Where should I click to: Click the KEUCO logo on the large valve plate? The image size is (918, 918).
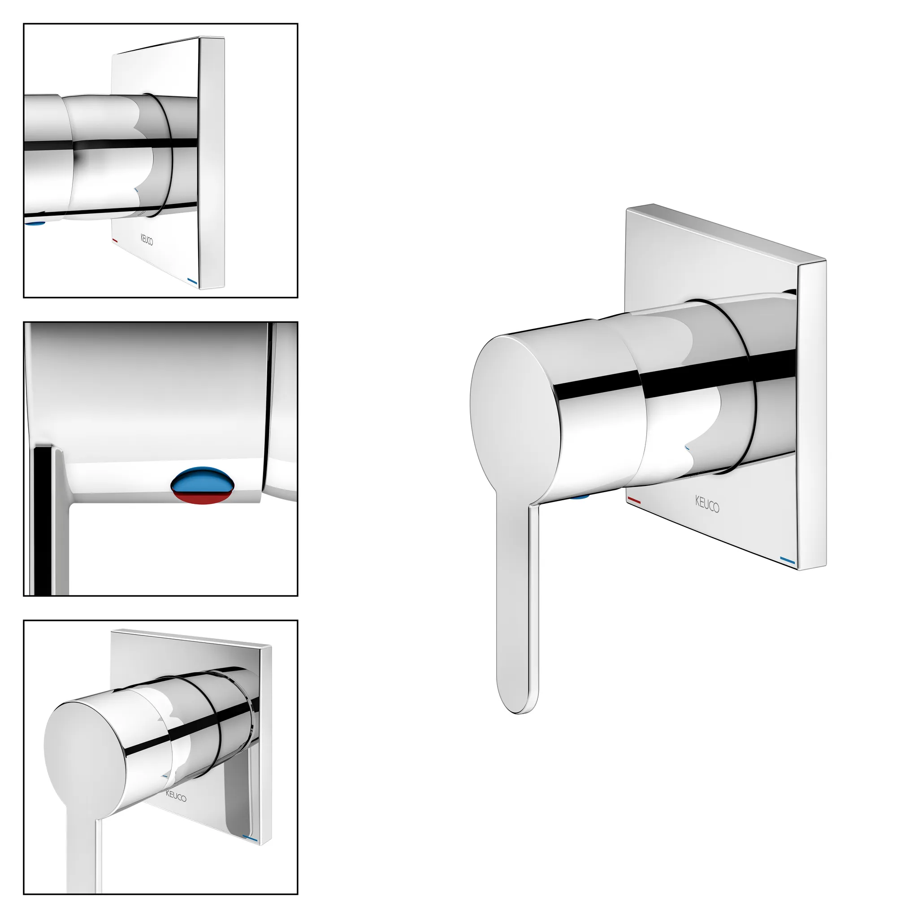coord(707,504)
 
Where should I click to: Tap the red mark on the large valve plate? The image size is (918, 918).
coord(634,500)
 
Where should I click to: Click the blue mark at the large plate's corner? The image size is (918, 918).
coord(788,561)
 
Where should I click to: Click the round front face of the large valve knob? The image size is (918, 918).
coord(515,414)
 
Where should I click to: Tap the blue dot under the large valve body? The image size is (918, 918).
coord(580,497)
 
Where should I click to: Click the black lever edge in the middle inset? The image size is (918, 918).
coord(45,520)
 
